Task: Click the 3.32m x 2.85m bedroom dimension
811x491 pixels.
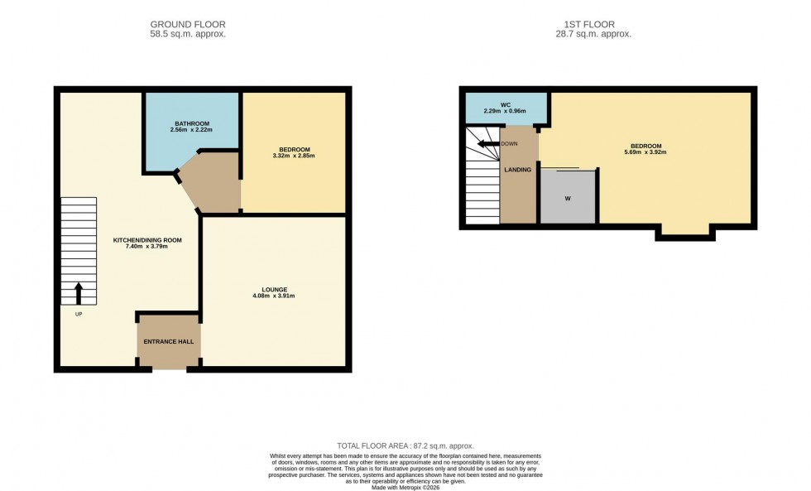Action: pyautogui.click(x=293, y=156)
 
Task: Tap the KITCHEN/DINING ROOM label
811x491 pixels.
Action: pyautogui.click(x=147, y=240)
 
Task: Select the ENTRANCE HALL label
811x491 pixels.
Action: pyautogui.click(x=168, y=342)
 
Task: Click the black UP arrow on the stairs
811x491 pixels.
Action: pyautogui.click(x=79, y=292)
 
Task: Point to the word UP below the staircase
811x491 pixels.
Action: pyautogui.click(x=78, y=314)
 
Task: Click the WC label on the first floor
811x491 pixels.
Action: pyautogui.click(x=505, y=104)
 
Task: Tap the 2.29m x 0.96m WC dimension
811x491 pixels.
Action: pyautogui.click(x=505, y=111)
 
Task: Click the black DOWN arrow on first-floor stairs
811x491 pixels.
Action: pyautogui.click(x=488, y=143)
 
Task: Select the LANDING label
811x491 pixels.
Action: pyautogui.click(x=518, y=171)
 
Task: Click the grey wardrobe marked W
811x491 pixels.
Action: pyautogui.click(x=568, y=197)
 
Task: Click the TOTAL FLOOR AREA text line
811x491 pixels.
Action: pyautogui.click(x=405, y=445)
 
